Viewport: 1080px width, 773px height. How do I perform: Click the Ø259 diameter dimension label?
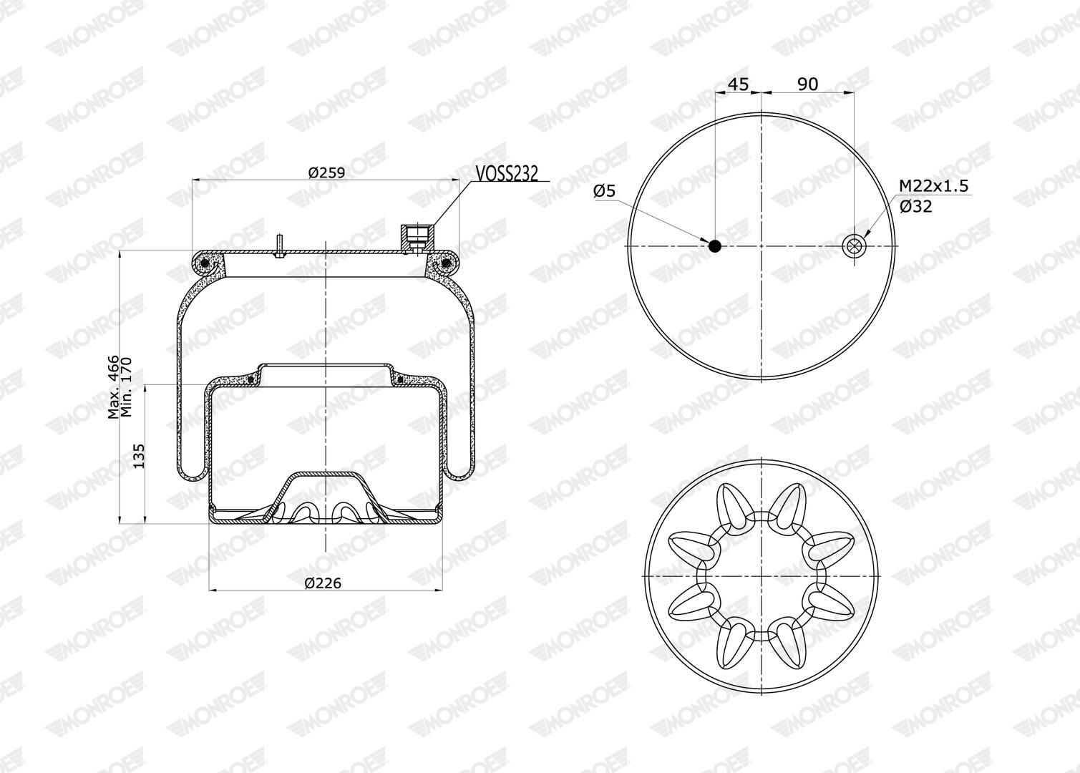tap(327, 172)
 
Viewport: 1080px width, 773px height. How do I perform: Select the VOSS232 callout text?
tap(507, 173)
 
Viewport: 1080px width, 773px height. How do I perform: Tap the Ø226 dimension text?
tap(323, 583)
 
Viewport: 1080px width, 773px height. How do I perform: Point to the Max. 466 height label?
tap(113, 387)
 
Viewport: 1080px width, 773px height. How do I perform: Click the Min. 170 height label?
tap(126, 387)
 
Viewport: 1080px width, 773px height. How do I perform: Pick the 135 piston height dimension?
tap(139, 456)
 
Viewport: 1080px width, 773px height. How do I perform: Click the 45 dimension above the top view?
tap(738, 84)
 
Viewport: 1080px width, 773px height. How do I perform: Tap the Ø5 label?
tap(605, 191)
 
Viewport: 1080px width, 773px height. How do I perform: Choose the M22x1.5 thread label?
tap(933, 185)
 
